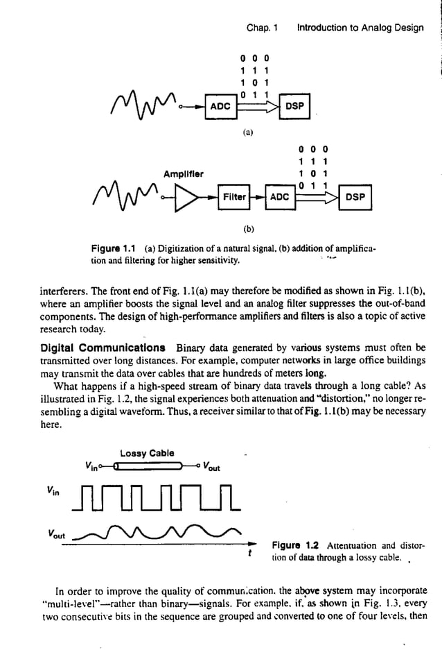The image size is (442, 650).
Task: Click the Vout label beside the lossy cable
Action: point(211,467)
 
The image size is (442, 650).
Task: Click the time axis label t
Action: point(249,554)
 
